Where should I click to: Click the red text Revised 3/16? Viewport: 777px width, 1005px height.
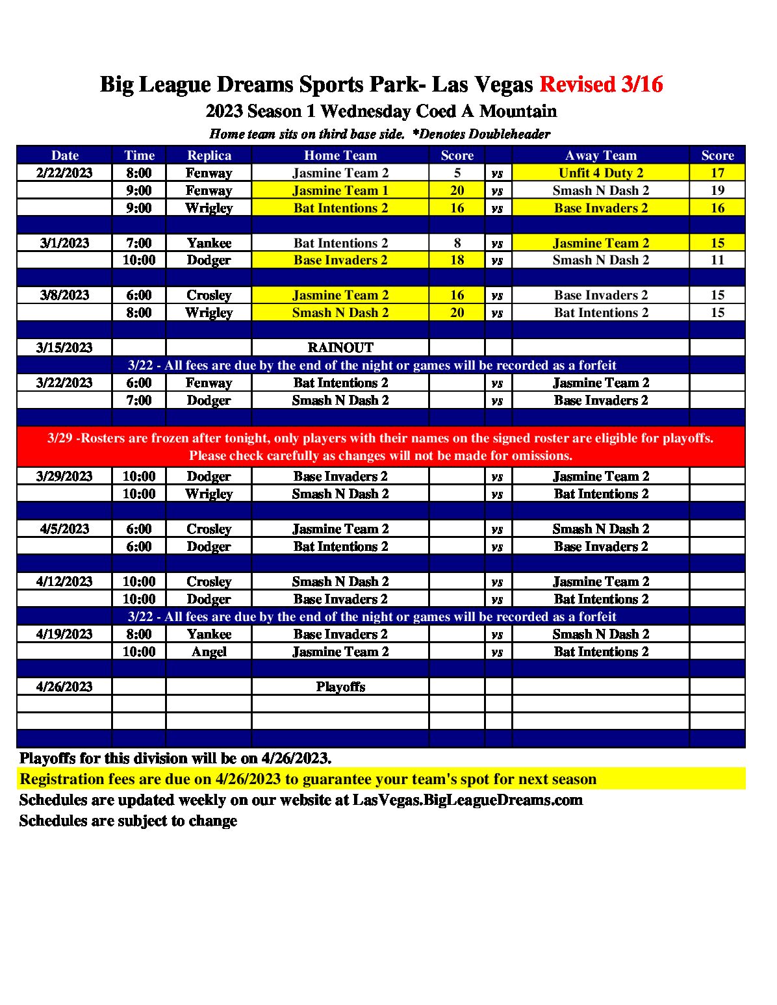click(601, 84)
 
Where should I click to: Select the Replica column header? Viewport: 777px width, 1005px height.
click(209, 155)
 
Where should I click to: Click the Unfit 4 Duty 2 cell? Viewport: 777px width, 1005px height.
click(600, 173)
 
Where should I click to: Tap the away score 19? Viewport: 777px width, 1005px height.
click(717, 190)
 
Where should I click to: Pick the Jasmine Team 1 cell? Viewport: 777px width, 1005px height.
click(340, 190)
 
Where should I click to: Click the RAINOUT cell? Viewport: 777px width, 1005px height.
click(340, 348)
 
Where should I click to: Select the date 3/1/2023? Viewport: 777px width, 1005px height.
click(64, 243)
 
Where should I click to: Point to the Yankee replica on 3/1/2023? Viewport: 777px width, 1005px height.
click(209, 243)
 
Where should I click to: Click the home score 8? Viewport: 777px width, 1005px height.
click(457, 243)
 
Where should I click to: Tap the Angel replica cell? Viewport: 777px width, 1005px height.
click(209, 652)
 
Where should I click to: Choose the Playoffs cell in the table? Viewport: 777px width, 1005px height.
click(340, 687)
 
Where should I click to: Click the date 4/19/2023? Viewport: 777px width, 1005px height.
click(64, 634)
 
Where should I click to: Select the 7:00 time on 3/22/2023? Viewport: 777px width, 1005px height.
click(139, 400)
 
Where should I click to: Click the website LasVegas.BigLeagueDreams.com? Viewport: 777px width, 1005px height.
click(467, 800)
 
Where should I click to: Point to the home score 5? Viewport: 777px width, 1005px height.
click(457, 173)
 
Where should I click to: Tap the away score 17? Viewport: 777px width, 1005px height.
click(717, 173)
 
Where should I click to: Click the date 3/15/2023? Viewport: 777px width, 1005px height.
click(64, 348)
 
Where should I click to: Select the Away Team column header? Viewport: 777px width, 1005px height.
click(600, 155)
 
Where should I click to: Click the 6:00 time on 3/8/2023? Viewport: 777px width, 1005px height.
click(139, 295)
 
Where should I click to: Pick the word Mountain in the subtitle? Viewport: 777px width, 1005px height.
click(518, 111)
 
